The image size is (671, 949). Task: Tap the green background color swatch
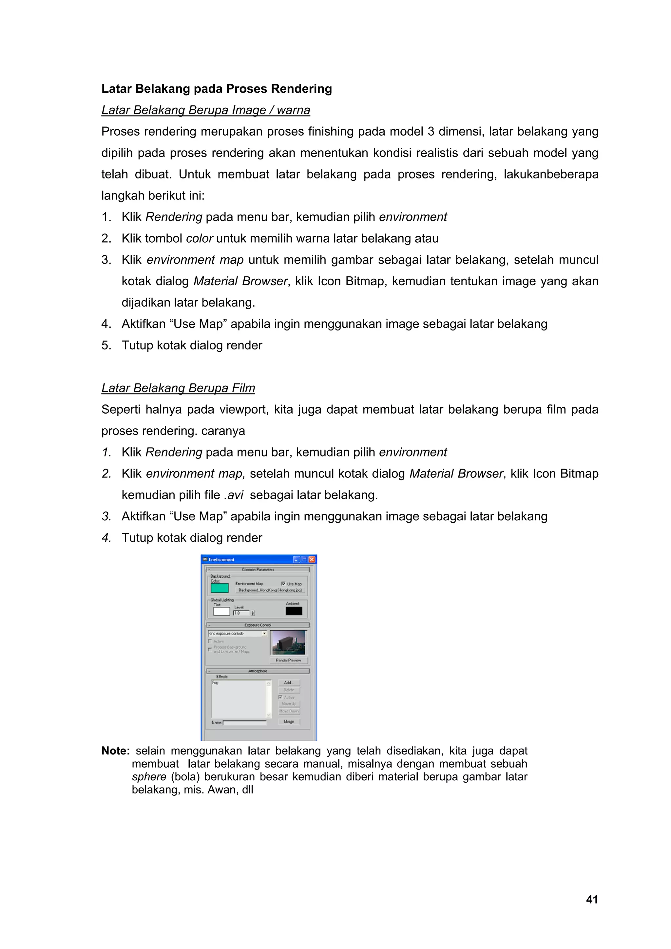pyautogui.click(x=220, y=588)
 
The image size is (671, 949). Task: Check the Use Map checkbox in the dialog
pyautogui.click(x=283, y=584)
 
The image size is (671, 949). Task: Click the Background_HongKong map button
pyautogui.click(x=270, y=590)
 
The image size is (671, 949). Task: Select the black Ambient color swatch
pyautogui.click(x=294, y=611)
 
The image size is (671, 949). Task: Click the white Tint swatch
pyautogui.click(x=221, y=611)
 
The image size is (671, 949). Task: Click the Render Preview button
pyautogui.click(x=288, y=660)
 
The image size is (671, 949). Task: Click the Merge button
pyautogui.click(x=289, y=722)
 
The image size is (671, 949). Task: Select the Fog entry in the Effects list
pyautogui.click(x=215, y=682)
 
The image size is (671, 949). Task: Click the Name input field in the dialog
pyautogui.click(x=245, y=722)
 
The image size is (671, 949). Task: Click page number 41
pyautogui.click(x=592, y=900)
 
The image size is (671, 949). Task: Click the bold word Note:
pyautogui.click(x=116, y=751)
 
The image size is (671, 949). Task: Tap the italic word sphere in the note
pyautogui.click(x=149, y=777)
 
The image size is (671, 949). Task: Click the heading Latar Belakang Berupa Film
pyautogui.click(x=178, y=388)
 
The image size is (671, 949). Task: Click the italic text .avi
pyautogui.click(x=234, y=495)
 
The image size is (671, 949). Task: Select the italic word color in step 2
pyautogui.click(x=199, y=238)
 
